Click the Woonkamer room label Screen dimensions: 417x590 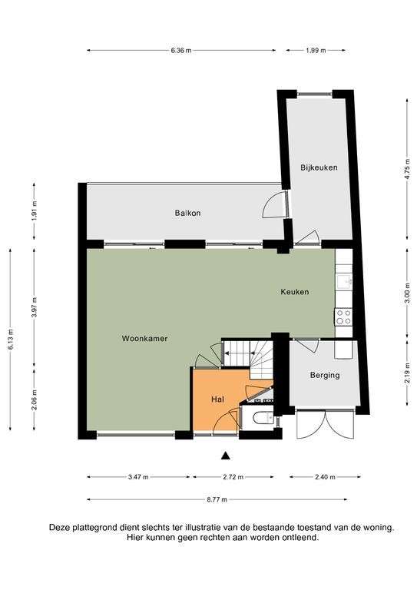click(145, 338)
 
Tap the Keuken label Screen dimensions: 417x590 click(295, 292)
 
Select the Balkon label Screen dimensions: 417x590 click(187, 213)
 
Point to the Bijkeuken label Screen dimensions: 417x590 click(319, 167)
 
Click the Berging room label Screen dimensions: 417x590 click(325, 375)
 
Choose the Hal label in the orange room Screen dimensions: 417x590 click(217, 399)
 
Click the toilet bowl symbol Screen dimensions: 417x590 click(263, 418)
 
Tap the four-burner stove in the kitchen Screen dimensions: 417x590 click(344, 317)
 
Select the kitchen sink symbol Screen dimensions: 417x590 click(344, 281)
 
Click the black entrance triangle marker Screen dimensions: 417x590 click(225, 456)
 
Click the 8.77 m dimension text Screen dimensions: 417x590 click(217, 499)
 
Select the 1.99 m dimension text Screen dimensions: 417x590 click(316, 51)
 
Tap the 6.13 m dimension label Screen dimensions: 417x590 click(11, 339)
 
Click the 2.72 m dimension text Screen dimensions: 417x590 click(233, 477)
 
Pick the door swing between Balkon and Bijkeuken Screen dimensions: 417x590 click(274, 205)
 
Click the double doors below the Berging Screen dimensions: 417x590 click(326, 424)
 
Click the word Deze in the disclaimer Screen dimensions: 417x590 click(59, 528)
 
